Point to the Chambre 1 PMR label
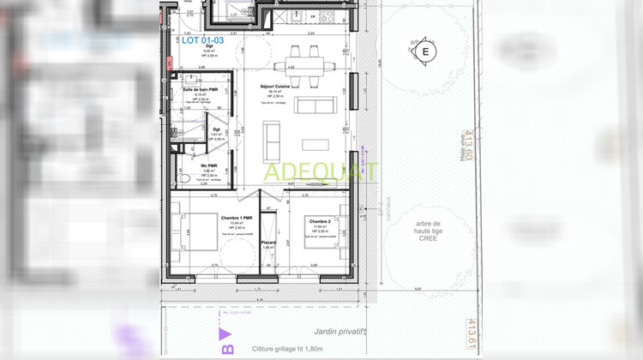tap(236, 218)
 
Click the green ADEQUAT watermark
tap(320, 172)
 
